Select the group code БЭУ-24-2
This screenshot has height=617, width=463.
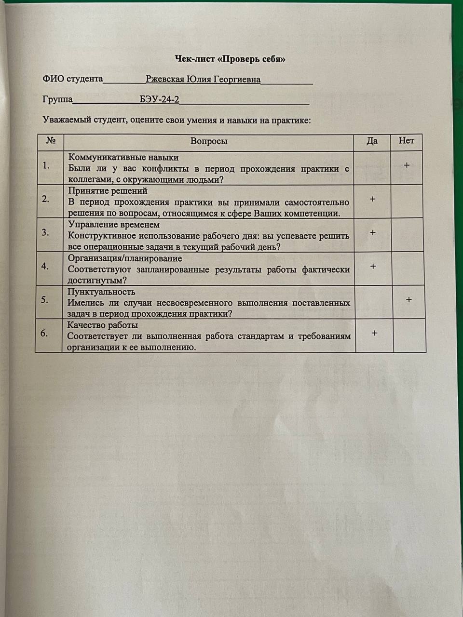(x=159, y=100)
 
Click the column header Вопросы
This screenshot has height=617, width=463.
(x=209, y=141)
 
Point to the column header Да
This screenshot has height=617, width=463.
(x=372, y=141)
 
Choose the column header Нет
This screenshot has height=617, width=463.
(x=406, y=141)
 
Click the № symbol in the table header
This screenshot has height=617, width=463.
(x=51, y=141)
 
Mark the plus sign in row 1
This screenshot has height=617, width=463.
(x=407, y=165)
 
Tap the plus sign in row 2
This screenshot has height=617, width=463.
(x=372, y=199)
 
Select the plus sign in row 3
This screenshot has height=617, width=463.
(x=372, y=233)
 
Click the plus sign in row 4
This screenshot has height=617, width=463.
(x=373, y=266)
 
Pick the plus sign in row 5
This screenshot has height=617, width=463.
(x=409, y=300)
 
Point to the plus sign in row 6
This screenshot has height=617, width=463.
(x=374, y=333)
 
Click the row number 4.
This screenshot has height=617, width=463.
(x=45, y=266)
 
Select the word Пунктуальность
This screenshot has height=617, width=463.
(x=101, y=292)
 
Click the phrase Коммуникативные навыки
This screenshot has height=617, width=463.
(x=123, y=158)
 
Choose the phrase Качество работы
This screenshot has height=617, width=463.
(x=102, y=325)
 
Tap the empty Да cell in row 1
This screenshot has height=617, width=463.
(x=372, y=168)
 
